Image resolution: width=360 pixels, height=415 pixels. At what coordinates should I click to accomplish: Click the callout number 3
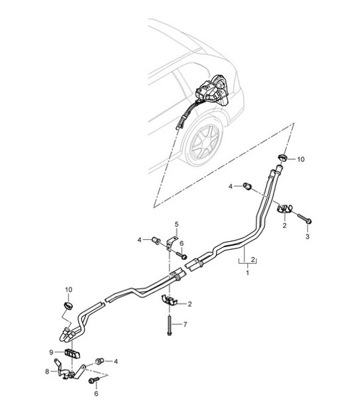307,237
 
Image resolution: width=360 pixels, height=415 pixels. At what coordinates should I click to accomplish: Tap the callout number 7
185,324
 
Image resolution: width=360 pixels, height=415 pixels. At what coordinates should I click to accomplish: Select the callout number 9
52,352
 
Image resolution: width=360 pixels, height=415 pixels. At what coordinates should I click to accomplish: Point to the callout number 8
47,371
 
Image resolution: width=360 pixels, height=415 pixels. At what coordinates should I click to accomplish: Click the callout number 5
176,224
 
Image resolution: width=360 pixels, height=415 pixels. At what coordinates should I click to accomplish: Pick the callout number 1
248,272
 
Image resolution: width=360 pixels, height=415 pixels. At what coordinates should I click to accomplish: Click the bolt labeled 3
305,218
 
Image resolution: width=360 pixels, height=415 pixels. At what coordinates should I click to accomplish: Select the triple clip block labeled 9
72,354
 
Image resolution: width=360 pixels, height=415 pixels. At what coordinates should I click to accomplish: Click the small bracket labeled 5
170,241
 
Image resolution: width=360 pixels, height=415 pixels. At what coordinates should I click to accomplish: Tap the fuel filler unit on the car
212,91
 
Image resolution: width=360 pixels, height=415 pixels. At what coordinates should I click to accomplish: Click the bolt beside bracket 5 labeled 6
182,255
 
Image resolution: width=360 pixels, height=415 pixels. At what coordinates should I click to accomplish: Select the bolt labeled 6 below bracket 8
94,380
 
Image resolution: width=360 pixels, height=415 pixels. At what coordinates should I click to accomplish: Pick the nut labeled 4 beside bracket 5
156,241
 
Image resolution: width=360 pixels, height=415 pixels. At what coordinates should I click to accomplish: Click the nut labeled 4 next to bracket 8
100,361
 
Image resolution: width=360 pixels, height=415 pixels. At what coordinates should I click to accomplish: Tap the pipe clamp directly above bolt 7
169,301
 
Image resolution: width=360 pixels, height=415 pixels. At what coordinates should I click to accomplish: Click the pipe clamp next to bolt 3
284,208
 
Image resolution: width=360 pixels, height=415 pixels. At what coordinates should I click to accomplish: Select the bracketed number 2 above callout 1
253,260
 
